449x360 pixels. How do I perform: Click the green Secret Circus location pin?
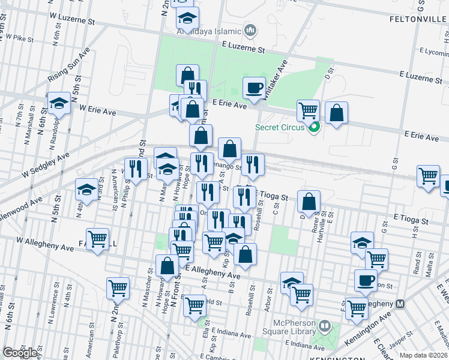pos(313,127)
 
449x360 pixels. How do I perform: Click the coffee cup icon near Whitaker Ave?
pos(254,89)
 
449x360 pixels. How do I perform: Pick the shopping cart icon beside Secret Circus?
pos(308,110)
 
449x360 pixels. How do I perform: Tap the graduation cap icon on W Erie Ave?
pos(59,104)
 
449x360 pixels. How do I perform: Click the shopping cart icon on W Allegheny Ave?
pos(97,239)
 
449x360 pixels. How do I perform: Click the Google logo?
pos(20,353)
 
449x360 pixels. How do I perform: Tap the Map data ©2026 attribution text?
pos(423,355)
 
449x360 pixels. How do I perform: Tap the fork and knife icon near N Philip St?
pos(135,169)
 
